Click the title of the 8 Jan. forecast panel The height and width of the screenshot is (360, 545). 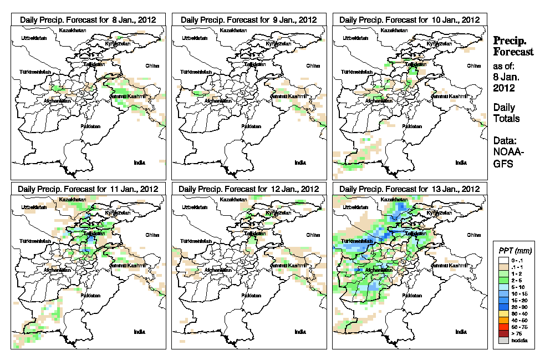tap(88, 19)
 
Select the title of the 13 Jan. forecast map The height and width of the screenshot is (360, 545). tap(409, 189)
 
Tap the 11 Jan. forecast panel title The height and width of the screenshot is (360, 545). tap(88, 189)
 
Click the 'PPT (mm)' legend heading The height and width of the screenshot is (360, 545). tap(514, 251)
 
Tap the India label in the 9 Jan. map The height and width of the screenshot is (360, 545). tap(299, 163)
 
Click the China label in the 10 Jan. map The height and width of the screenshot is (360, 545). tap(473, 65)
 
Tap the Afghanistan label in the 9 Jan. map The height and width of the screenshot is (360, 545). tap(217, 101)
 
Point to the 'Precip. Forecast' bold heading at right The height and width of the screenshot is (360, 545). tap(513, 46)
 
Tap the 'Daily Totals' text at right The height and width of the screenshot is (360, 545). tap(506, 113)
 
